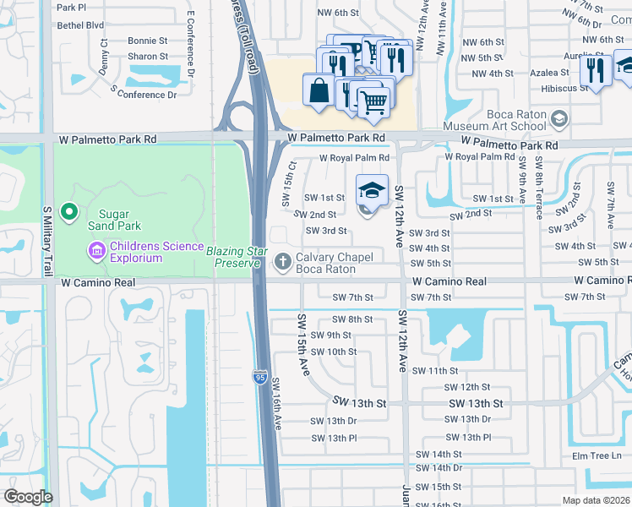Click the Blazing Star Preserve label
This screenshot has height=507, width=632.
[237, 257]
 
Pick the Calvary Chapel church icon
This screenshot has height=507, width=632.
[284, 261]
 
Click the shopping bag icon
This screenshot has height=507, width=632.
[319, 90]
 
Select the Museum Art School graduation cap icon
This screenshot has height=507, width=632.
[558, 118]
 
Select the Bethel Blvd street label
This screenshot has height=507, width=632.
[81, 25]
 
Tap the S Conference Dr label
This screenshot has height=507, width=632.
[144, 95]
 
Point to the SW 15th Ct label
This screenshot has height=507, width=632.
[287, 181]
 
